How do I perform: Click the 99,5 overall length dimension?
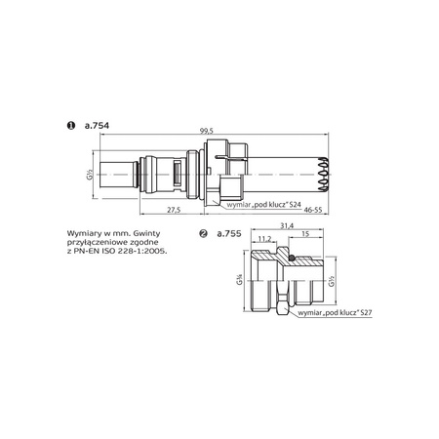(207, 131)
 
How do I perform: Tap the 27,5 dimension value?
(174, 210)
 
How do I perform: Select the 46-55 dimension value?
(313, 210)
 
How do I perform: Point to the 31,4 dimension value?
(287, 225)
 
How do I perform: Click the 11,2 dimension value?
(264, 239)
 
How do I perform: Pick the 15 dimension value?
(305, 234)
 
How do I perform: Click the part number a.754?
(97, 126)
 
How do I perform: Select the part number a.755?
(229, 234)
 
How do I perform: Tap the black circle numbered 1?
(71, 126)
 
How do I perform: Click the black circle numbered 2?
(203, 234)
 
